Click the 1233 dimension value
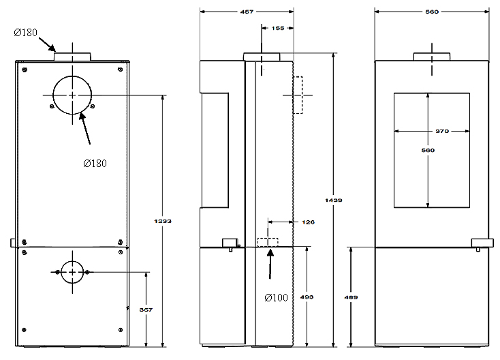point(163,221)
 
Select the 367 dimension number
point(146,310)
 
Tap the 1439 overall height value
point(334,200)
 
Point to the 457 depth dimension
point(247,12)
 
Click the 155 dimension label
point(278,28)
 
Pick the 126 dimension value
point(308,222)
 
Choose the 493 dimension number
point(307,297)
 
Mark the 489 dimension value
point(351,297)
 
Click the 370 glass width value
point(442,131)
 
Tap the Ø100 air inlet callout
point(276,297)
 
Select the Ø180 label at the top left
point(25,32)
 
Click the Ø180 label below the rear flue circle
point(95,164)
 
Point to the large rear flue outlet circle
point(72,76)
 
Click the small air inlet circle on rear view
point(72,260)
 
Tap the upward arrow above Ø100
point(270,264)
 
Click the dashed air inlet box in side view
point(268,238)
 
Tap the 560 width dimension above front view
point(432,12)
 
